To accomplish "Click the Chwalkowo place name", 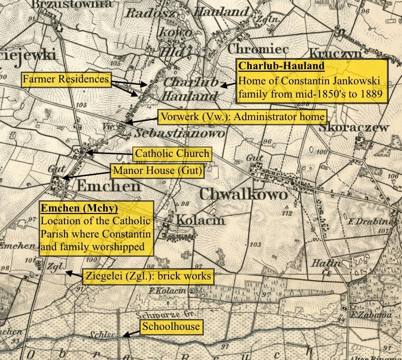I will click(x=243, y=194).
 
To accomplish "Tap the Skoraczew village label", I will click(x=354, y=127).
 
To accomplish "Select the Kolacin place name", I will click(x=200, y=220).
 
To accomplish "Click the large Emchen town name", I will click(x=108, y=186).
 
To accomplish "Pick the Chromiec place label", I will click(x=255, y=48).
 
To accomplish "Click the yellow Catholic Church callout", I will click(x=172, y=153).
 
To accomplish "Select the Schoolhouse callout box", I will click(x=171, y=327).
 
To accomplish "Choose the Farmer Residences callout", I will click(x=65, y=79).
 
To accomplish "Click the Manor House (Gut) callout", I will click(x=157, y=171).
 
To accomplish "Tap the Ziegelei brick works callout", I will click(x=148, y=276).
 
